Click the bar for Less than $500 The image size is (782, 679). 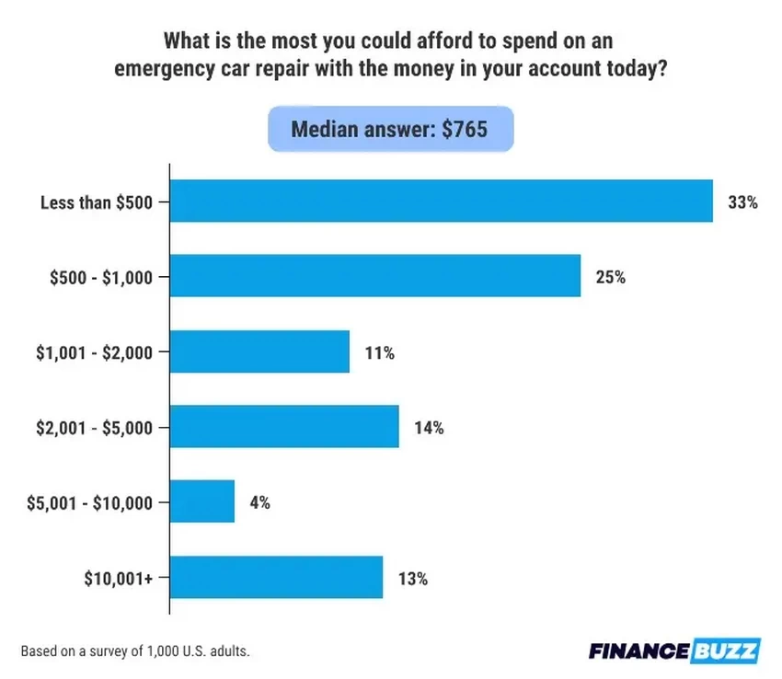point(442,201)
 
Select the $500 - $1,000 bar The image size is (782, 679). point(375,275)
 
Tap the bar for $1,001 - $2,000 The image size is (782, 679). point(260,351)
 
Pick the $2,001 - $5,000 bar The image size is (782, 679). point(284,427)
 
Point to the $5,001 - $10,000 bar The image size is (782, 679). point(202,502)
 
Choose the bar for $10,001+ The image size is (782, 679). point(277,578)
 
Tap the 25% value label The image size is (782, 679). point(610,276)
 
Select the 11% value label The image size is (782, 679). point(378,352)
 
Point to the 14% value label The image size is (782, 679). point(428,428)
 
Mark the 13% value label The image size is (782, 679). point(411,579)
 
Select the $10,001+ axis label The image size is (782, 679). point(121,579)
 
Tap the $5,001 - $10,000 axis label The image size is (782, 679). point(91,503)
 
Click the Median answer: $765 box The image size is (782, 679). point(390,129)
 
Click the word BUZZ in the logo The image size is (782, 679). point(726,651)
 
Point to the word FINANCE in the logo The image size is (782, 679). point(638,651)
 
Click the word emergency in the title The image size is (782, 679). point(167,71)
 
